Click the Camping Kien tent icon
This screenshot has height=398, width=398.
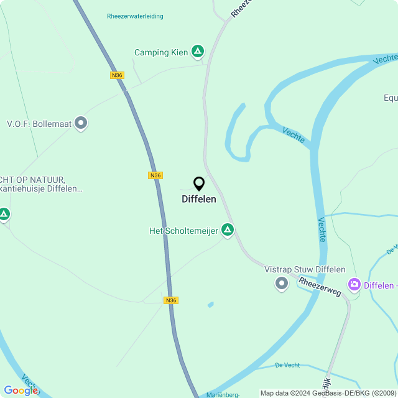point(197,51)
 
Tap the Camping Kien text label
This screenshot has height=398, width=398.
point(161,53)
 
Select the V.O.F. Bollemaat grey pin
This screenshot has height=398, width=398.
point(81,123)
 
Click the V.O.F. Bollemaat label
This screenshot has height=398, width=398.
point(39,123)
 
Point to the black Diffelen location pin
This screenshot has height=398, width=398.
point(199,183)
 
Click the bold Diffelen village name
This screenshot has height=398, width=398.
point(199,199)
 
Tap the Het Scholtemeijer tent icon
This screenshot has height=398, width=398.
point(228,230)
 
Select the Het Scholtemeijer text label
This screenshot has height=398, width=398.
point(183,231)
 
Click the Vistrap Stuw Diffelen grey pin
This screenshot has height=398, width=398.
point(282,284)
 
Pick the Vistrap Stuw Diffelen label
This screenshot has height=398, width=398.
point(305,269)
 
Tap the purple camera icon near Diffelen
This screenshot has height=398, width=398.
point(354,285)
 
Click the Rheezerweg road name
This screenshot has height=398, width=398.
point(320,286)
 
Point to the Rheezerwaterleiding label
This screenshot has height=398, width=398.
point(135,16)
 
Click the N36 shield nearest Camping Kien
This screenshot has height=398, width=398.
point(117,75)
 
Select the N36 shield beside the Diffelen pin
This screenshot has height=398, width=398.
point(155,175)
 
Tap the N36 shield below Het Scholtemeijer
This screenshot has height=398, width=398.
point(171,300)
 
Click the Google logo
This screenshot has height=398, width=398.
point(21,390)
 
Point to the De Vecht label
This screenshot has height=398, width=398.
point(287,364)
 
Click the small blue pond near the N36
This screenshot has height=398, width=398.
point(210,305)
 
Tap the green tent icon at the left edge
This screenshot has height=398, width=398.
point(4,215)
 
